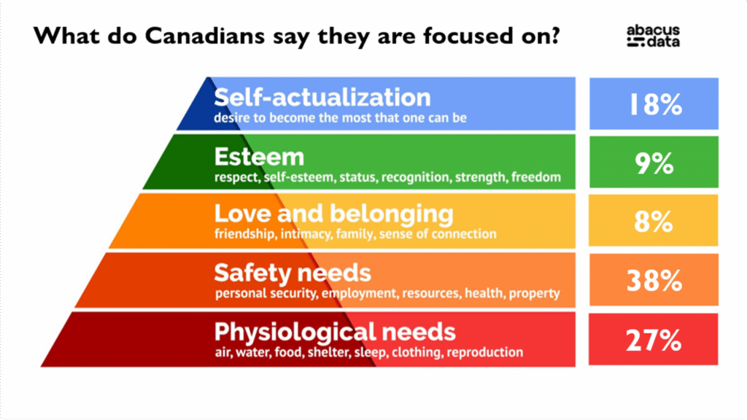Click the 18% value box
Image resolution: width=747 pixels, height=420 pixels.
654,104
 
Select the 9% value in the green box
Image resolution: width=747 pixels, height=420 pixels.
654,164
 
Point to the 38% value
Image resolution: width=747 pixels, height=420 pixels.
654,281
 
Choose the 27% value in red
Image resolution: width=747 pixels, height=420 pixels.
654,340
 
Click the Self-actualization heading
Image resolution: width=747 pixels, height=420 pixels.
322,98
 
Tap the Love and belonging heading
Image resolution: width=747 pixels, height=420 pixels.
333,214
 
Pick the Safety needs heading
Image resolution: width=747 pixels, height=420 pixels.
293,273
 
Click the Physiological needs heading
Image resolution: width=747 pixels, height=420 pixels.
335,332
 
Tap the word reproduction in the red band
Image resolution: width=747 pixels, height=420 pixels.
485,353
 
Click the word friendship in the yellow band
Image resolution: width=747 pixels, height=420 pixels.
244,235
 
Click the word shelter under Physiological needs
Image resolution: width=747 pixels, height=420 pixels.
351,353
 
